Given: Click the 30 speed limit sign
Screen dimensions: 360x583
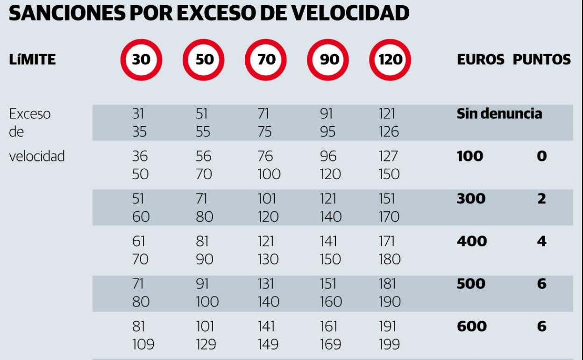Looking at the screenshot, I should click(x=141, y=60).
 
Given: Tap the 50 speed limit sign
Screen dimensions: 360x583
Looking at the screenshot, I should click(x=203, y=60).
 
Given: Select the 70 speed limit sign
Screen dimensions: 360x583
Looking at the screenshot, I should click(x=266, y=60).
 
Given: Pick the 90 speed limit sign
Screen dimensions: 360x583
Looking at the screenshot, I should click(x=328, y=60).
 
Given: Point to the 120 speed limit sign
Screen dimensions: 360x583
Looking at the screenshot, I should click(x=390, y=60).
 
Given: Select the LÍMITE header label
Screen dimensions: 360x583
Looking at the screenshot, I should click(x=32, y=60).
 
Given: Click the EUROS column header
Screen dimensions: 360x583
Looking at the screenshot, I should click(x=480, y=60).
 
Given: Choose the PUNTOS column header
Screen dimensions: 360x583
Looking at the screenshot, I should click(x=542, y=60).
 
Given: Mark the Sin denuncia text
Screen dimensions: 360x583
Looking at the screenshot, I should click(x=499, y=114).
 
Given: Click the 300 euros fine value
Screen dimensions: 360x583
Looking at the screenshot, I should click(x=471, y=199).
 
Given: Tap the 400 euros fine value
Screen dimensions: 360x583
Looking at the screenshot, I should click(x=471, y=241).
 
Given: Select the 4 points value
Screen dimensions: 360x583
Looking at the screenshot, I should click(x=541, y=241).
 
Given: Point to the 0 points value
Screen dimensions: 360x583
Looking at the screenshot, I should click(x=541, y=156).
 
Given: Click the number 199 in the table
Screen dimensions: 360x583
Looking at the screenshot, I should click(x=389, y=345).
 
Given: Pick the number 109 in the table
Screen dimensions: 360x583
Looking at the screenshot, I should click(x=142, y=345).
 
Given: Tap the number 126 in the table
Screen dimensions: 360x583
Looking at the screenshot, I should click(x=389, y=132).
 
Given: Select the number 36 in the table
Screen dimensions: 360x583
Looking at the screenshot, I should click(x=140, y=156).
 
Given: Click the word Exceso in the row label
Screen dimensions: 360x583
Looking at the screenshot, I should click(x=30, y=114).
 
